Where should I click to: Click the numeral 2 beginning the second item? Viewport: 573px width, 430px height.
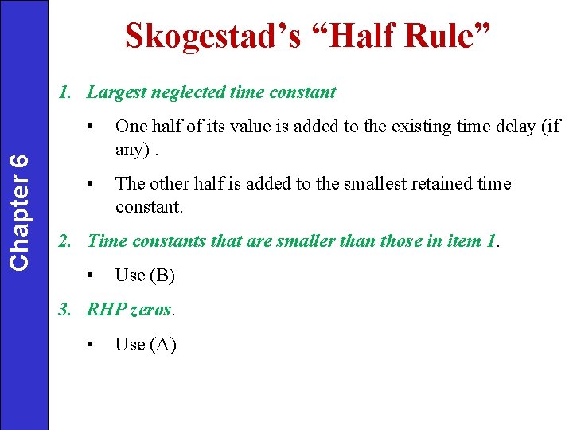[64, 240]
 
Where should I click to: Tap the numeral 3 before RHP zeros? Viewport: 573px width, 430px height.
[64, 310]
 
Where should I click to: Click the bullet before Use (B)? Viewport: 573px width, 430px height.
[92, 276]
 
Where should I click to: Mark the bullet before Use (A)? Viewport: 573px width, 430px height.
[92, 345]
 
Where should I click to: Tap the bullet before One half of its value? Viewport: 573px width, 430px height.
[92, 127]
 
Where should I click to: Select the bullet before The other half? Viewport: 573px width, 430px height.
[92, 184]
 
